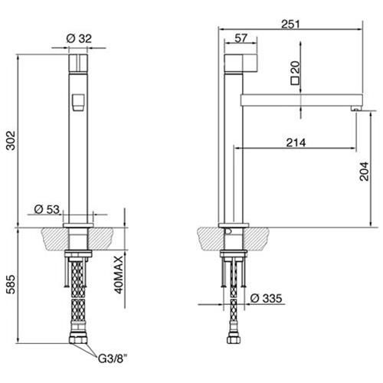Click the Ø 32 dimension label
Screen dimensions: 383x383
coord(79,38)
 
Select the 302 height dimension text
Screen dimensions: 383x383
coord(11,140)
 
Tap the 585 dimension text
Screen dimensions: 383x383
coord(11,284)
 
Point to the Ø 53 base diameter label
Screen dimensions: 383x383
coord(47,209)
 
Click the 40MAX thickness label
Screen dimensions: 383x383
coord(119,275)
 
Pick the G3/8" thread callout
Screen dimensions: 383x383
coord(113,358)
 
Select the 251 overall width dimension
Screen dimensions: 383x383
coord(290,25)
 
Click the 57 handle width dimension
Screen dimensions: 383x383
coord(241,38)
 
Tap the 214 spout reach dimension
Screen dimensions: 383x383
coord(296,142)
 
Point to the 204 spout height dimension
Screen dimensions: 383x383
coord(364,172)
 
